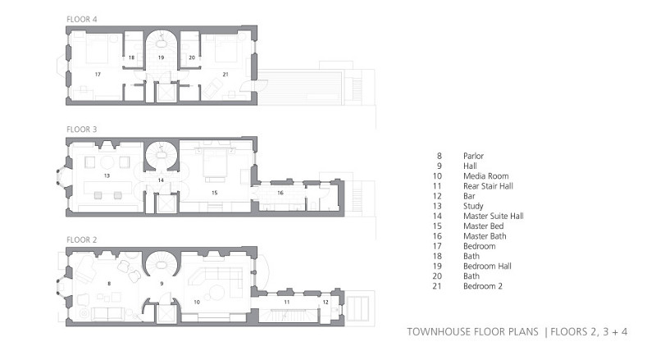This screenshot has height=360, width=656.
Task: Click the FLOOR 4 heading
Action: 81,19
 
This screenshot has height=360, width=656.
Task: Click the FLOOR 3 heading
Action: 81,130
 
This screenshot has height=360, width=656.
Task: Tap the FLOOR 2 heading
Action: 81,239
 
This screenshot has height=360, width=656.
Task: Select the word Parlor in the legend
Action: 473,156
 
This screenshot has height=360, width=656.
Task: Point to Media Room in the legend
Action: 485,175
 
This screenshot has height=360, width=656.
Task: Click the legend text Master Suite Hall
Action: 494,216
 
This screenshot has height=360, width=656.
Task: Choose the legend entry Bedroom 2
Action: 482,286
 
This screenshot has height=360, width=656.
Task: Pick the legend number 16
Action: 437,236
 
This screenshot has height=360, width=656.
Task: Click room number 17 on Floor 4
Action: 98,75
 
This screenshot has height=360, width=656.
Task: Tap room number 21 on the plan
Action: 225,75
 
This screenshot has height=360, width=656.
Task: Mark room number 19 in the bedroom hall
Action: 161,57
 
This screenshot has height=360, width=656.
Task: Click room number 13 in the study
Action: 107,175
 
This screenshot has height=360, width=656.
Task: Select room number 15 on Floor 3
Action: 215,193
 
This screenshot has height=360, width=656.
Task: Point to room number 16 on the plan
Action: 280,193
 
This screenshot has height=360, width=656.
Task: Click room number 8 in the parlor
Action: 109,284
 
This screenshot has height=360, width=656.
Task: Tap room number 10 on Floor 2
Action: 197,302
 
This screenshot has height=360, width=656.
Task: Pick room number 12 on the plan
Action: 326,302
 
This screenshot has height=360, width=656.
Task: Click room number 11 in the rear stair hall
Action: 286,302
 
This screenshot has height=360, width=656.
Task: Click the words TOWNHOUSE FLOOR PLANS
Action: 473,332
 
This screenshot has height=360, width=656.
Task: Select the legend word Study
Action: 473,207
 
